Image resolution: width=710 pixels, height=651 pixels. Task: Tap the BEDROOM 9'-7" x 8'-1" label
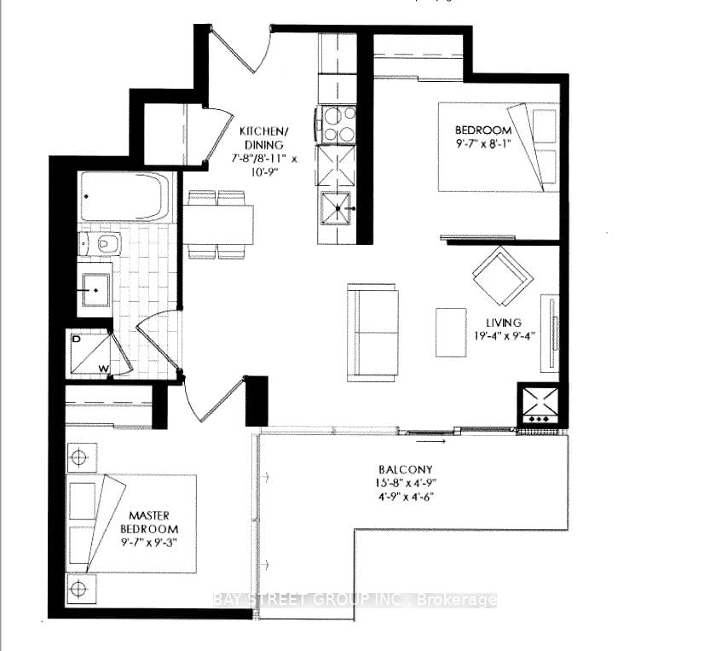482,137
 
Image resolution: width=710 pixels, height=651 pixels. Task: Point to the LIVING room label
505,329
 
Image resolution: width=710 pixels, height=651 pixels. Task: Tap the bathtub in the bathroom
124,196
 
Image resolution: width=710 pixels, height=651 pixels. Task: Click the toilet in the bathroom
100,244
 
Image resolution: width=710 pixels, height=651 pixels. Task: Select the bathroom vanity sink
96,290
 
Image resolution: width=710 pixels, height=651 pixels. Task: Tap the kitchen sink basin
336,208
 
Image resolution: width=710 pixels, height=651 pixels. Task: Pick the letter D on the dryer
76,339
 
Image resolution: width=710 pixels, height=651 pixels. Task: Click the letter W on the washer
104,369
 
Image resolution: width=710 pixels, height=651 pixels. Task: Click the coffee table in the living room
451,332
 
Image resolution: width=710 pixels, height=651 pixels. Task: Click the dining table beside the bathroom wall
218,225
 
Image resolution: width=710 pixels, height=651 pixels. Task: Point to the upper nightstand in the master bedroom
81,457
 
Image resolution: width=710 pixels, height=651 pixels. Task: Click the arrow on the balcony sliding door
430,440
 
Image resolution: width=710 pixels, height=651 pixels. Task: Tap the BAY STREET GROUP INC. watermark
355,600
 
